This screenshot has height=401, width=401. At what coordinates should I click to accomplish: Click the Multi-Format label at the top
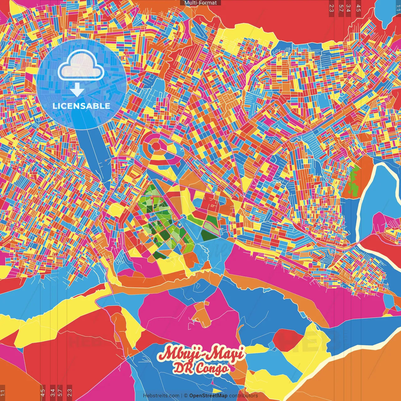click(x=200, y=3)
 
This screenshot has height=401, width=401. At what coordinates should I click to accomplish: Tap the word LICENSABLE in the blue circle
click(x=81, y=106)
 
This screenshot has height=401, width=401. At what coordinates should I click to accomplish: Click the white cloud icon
click(x=81, y=65)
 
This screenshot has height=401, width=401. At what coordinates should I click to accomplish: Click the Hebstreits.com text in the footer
click(x=161, y=396)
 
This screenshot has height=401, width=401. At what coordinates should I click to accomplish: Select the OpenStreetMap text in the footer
click(x=208, y=396)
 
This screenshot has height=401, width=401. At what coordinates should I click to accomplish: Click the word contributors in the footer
click(x=243, y=396)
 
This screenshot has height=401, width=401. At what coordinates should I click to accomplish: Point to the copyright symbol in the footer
click(x=185, y=396)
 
